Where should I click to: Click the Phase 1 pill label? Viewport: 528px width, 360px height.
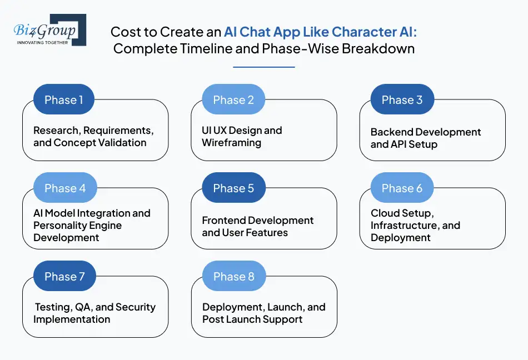(64, 100)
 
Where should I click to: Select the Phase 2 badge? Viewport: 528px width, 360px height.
(233, 100)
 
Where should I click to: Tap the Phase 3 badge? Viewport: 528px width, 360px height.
(402, 100)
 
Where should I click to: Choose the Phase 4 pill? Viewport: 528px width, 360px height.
(65, 188)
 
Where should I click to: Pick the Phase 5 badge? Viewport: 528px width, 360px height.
(233, 188)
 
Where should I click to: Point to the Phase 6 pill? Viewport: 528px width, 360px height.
(402, 188)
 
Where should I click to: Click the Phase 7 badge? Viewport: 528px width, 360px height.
(64, 277)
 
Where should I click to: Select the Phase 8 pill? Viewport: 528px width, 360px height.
(233, 277)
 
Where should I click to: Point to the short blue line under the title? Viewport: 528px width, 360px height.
(263, 67)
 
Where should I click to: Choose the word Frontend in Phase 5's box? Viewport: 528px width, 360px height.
(225, 221)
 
